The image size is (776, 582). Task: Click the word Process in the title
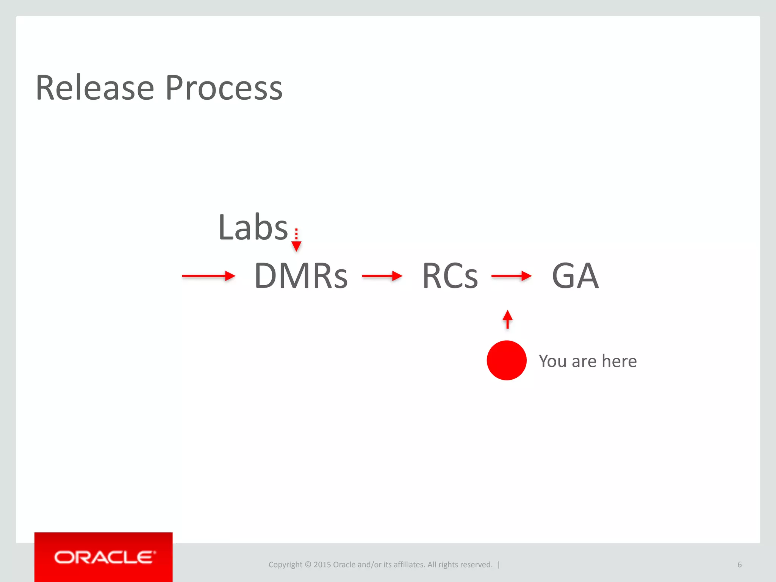pos(224,88)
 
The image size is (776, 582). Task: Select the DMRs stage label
pos(301,276)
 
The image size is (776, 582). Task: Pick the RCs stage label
pos(450,276)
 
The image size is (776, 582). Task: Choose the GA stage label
pos(575,276)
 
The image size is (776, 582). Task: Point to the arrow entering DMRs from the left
pos(208,276)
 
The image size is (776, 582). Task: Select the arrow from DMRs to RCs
pos(382,276)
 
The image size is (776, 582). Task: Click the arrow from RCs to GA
pos(511,276)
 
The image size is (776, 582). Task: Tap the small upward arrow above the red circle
pos(507,319)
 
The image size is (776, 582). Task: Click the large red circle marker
pos(507,360)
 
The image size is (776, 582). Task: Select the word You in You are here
pos(552,361)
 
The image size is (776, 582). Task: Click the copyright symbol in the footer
pos(308,565)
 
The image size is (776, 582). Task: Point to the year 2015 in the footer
pos(322,565)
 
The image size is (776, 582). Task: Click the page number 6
pos(739,565)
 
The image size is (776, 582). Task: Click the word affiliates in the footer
pos(409,565)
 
